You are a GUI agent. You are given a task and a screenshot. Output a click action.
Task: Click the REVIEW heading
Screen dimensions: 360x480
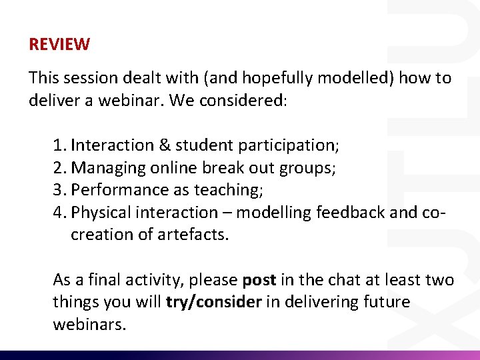coord(59,45)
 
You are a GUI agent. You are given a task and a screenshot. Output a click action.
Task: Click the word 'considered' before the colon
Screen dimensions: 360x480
coord(245,101)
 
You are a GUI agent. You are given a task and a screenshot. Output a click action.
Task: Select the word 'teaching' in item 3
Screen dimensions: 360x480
coord(227,190)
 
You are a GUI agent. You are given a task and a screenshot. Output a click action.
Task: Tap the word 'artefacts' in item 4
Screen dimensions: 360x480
coord(195,235)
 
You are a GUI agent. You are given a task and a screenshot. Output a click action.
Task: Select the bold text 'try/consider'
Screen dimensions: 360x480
coord(213,303)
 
